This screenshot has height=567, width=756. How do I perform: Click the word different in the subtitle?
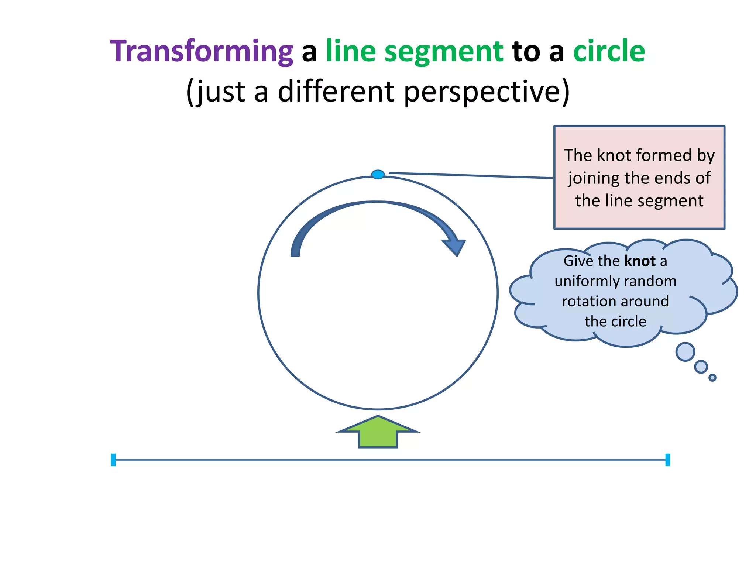[336, 91]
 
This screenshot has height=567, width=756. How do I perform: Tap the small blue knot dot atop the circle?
[378, 174]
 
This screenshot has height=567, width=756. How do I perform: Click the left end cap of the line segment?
[113, 460]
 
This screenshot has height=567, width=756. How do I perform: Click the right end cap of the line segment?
[667, 460]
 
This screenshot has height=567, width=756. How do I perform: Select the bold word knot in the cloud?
[640, 261]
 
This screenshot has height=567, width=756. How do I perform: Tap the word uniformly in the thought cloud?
[584, 281]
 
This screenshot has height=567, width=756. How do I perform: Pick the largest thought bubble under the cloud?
[685, 352]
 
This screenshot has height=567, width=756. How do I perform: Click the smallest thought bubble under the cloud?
[712, 378]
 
